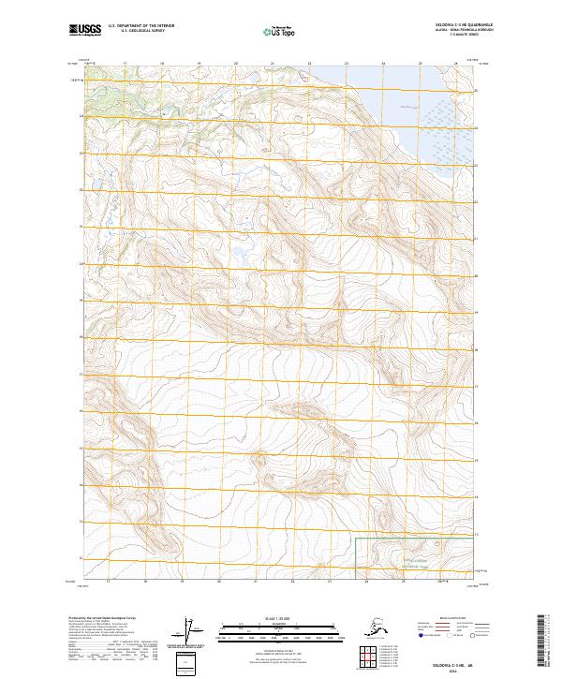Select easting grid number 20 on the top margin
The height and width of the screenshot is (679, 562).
tap(235, 65)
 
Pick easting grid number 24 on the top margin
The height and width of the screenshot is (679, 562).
tap(383, 65)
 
